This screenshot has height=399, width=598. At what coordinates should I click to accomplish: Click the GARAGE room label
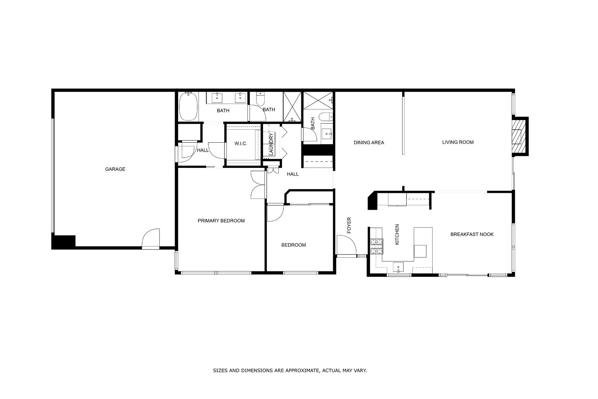point(115,169)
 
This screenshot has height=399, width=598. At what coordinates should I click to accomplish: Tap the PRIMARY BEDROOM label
point(221,221)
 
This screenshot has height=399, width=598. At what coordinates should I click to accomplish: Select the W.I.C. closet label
point(241,144)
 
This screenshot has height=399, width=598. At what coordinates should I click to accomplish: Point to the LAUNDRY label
point(271,144)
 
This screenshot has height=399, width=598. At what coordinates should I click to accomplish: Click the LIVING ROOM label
point(458,142)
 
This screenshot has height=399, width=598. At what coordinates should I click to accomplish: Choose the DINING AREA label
point(369,143)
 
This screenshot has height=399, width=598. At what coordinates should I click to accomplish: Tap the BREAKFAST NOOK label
point(472,234)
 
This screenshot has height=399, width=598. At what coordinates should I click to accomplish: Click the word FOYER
point(349,225)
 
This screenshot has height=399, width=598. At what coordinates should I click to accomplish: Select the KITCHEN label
point(397,234)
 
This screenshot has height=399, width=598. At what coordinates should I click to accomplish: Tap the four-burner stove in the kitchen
point(377,247)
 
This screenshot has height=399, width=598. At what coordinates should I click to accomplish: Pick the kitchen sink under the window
point(398,267)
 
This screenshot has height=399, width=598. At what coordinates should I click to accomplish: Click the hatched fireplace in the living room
point(517,136)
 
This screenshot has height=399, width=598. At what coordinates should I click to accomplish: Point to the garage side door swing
point(151,238)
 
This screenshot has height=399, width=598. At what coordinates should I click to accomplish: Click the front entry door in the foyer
point(347,245)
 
